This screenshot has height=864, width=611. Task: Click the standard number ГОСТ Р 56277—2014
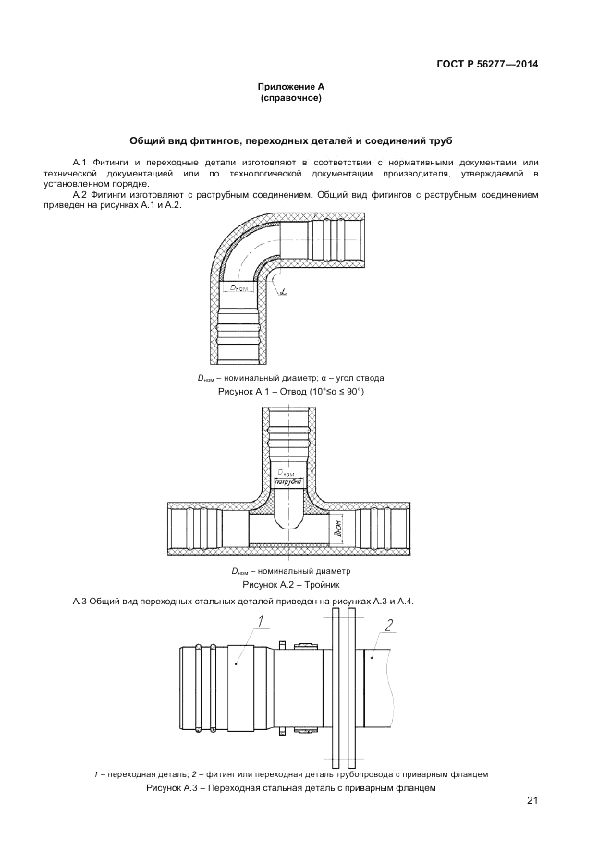487,64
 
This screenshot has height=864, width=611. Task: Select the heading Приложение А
290,86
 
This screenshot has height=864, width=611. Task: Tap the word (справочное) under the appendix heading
290,97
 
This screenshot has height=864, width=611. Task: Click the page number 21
532,800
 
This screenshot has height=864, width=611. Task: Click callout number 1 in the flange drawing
262,621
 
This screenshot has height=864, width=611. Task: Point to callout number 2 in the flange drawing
389,625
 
